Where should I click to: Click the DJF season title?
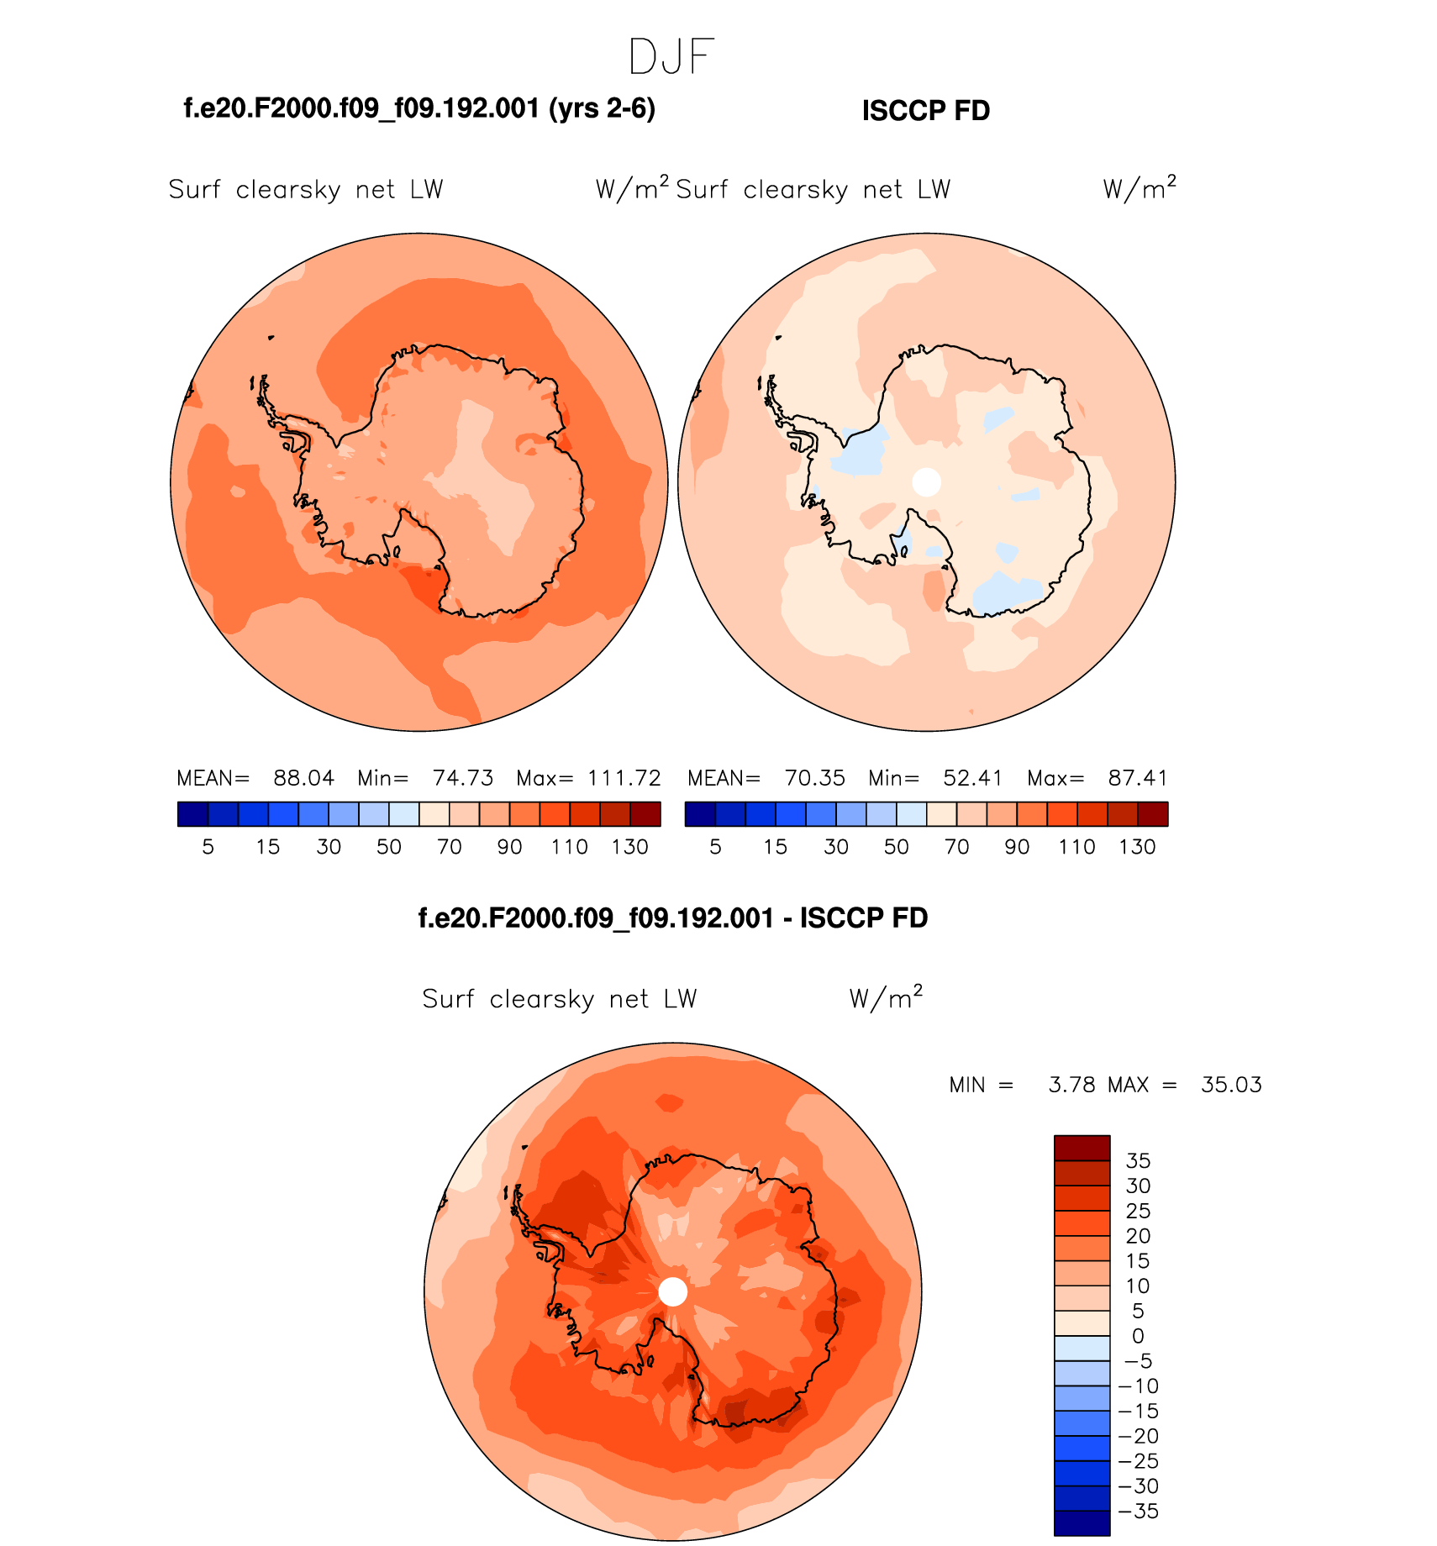point(671,57)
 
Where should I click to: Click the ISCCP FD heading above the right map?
point(926,111)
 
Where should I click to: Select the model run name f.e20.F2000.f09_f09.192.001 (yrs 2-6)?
point(419,108)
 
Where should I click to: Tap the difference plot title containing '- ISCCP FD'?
point(673,918)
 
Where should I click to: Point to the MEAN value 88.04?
point(303,778)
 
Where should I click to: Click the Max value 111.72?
point(624,778)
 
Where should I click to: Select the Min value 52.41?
point(972,778)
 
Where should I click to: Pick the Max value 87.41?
point(1138,778)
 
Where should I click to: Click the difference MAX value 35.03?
point(1231,1085)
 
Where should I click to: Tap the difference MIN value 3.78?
point(1071,1085)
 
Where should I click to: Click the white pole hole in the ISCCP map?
point(926,481)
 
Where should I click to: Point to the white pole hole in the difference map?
point(672,1291)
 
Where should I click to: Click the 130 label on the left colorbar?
point(629,847)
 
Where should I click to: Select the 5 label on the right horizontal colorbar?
point(715,847)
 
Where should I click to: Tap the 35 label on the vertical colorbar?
point(1138,1161)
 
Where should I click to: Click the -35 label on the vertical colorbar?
point(1139,1512)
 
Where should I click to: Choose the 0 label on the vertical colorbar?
point(1138,1336)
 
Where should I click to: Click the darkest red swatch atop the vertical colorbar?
point(1082,1148)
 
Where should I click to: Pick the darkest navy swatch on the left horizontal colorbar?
point(192,814)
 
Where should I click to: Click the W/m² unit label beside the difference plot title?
point(886,998)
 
